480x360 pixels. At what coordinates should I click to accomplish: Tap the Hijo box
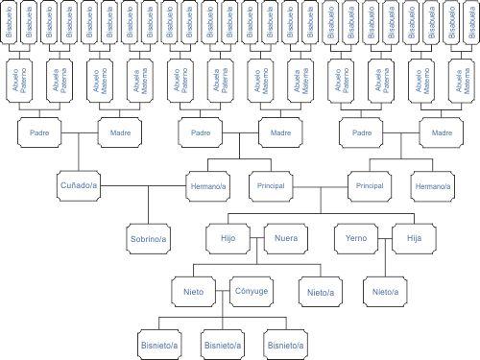tap(228, 235)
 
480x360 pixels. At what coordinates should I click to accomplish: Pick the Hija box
tap(415, 235)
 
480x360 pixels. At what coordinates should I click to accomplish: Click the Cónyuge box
tap(252, 289)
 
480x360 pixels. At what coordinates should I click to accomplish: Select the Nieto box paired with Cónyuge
tap(194, 289)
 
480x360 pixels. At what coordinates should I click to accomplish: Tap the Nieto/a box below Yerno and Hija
tap(385, 289)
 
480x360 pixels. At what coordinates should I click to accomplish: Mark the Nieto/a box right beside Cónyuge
tap(320, 289)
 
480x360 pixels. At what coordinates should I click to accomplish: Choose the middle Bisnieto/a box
tap(223, 342)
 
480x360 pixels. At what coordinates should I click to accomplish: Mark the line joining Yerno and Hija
tap(385, 235)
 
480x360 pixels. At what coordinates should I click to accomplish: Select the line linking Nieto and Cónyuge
tap(223, 289)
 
